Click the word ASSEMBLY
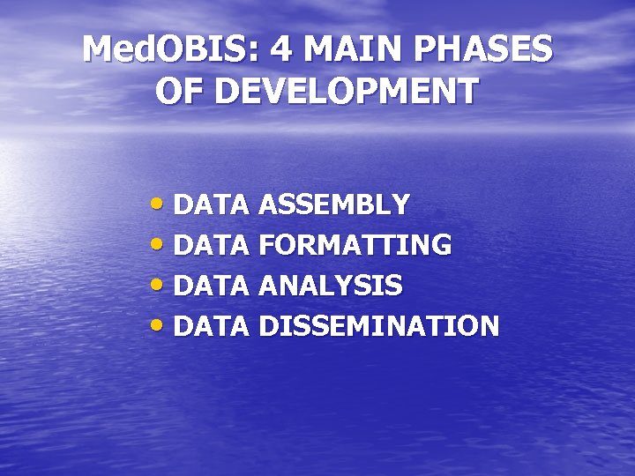(x=335, y=205)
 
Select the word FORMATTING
(x=356, y=245)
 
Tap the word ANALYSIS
(x=332, y=286)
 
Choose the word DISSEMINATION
(x=379, y=326)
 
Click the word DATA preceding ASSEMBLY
(x=213, y=205)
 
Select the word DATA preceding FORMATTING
(x=213, y=245)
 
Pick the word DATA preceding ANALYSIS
(x=213, y=286)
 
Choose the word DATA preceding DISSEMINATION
(x=213, y=326)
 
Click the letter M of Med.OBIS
(x=101, y=49)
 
